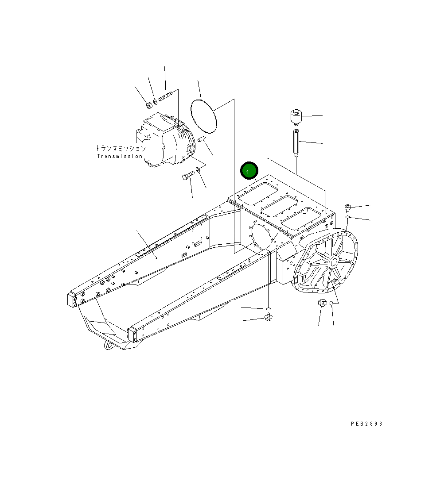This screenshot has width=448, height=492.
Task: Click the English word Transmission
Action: pyautogui.click(x=120, y=156)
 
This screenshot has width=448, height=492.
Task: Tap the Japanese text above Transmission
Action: pyautogui.click(x=120, y=149)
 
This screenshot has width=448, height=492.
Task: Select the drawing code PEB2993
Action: pyautogui.click(x=366, y=423)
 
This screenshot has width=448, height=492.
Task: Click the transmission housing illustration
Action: pyautogui.click(x=164, y=141)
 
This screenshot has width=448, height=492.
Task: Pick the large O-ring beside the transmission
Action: pyautogui.click(x=204, y=115)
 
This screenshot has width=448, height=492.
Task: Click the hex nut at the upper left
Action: pyautogui.click(x=148, y=105)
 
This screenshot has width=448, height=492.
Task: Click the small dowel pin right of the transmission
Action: pyautogui.click(x=202, y=140)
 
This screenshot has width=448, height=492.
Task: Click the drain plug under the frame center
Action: pyautogui.click(x=269, y=316)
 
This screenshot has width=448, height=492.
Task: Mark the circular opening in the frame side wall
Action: pyautogui.click(x=261, y=238)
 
